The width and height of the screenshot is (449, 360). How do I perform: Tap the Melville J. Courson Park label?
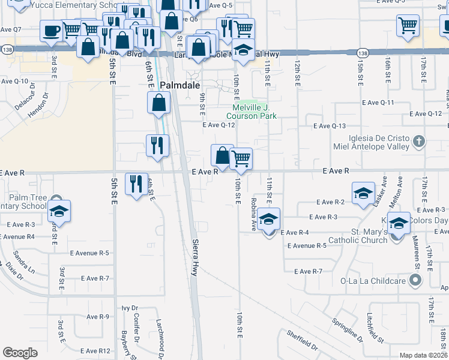tap(252, 112)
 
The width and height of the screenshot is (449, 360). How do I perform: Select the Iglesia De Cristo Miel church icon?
tap(419, 142)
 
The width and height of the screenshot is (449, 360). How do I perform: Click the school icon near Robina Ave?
tap(270, 219)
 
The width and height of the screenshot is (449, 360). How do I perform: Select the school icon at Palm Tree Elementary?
tap(59, 211)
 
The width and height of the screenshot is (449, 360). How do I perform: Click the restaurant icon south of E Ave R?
tap(136, 183)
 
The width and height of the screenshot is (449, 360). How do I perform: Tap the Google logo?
tap(20, 353)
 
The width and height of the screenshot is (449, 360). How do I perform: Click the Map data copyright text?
tap(423, 355)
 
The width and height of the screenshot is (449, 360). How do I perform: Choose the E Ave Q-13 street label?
tap(331, 126)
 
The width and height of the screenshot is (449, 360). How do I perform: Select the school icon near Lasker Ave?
tap(364, 194)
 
